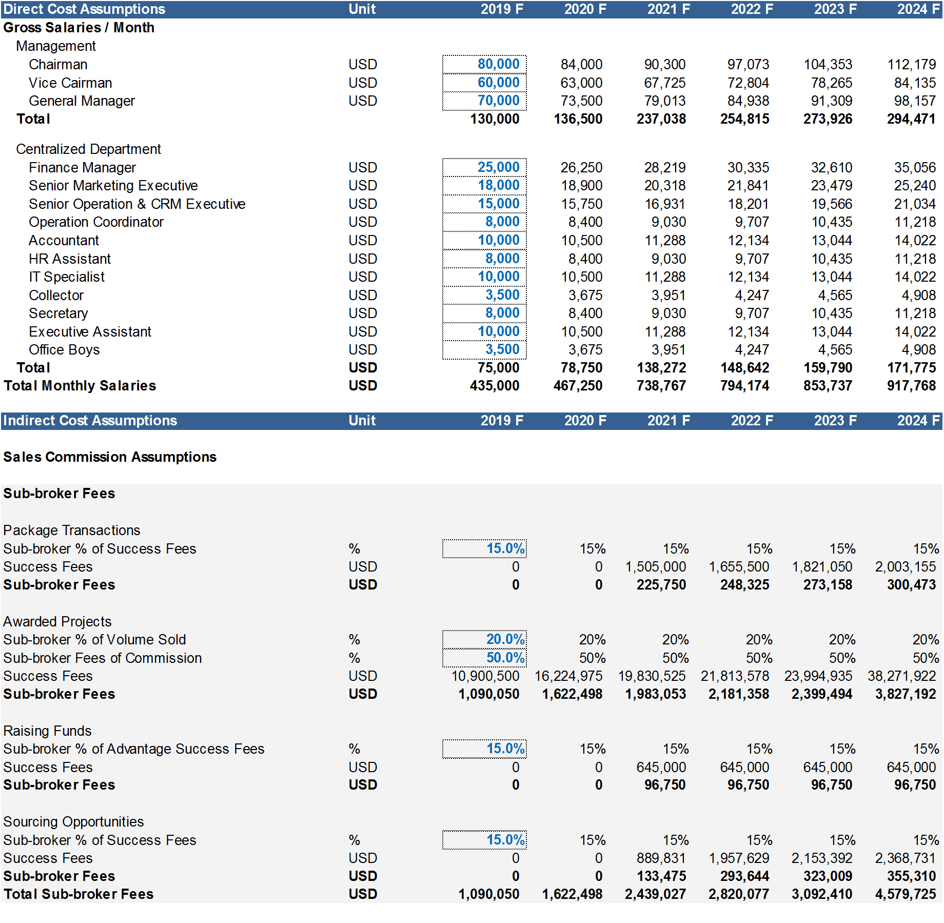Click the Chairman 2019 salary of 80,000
coord(498,64)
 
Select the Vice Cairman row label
coord(70,83)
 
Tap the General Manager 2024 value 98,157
coord(915,101)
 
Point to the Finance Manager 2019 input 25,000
coord(498,167)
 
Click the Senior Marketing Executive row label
coord(113,186)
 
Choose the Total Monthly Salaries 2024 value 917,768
coord(911,386)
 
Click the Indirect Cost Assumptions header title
coord(90,421)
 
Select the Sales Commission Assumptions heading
coord(110,457)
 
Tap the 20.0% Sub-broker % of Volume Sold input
coord(505,639)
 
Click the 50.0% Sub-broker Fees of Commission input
coord(505,658)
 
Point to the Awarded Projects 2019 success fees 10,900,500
coord(485,676)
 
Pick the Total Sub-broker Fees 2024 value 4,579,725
coord(906,894)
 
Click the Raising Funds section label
coord(48,731)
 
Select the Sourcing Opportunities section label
coord(74,822)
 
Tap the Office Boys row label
coord(65,350)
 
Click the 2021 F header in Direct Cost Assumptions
coord(668,9)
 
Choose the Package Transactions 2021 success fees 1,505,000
coord(656,567)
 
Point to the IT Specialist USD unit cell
coord(363,277)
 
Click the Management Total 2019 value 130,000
coord(495,119)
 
